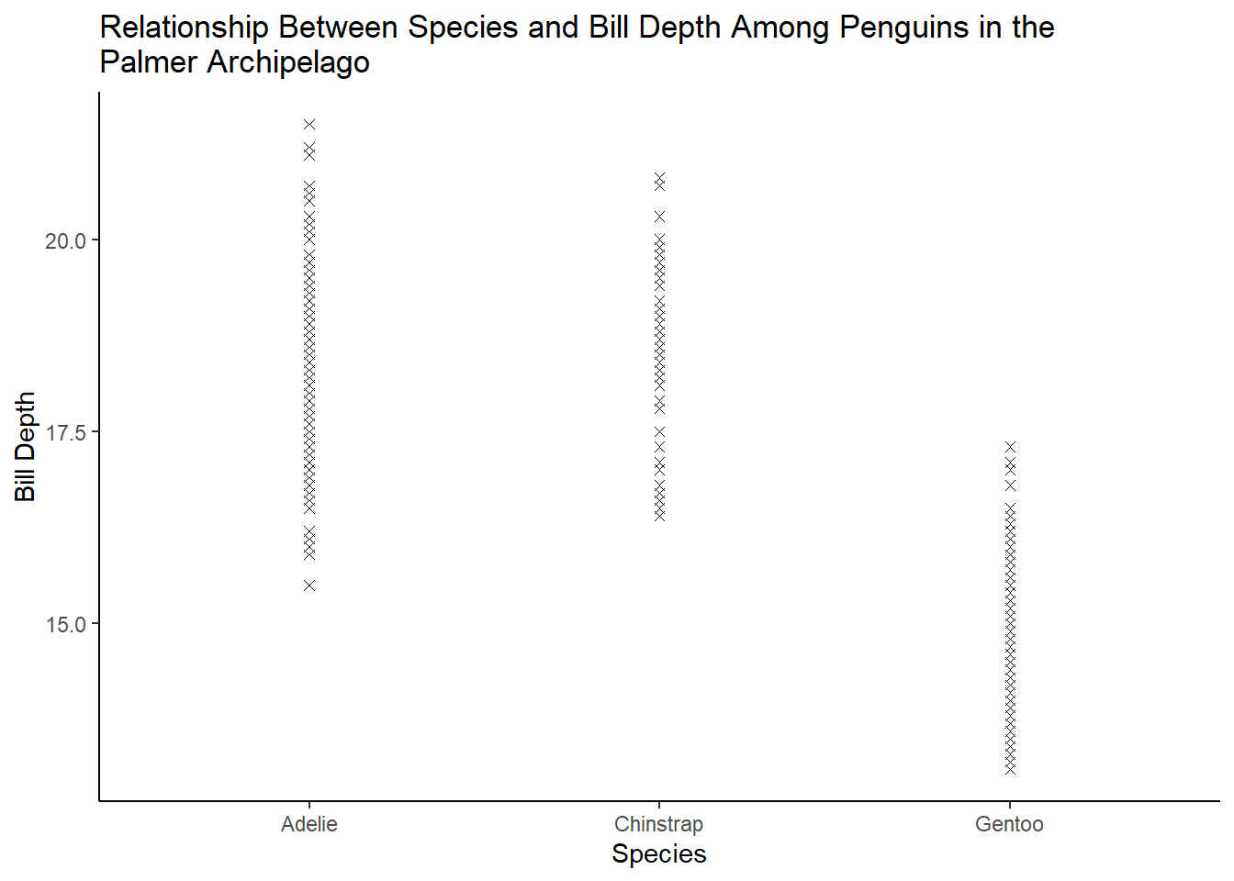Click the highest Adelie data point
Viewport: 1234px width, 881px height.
coord(309,125)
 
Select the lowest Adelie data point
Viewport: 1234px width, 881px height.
coord(309,585)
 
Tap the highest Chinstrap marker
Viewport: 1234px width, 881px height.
coord(659,177)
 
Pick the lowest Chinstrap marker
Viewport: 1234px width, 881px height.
coord(659,516)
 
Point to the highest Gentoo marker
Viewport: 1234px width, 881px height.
coord(1010,447)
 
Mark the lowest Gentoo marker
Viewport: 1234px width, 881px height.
coord(1010,769)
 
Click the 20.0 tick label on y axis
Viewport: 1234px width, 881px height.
coord(65,241)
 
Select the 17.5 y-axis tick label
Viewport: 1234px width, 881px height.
coord(65,433)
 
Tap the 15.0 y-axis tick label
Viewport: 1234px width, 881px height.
coord(65,625)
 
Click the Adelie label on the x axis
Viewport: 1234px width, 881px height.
coord(309,824)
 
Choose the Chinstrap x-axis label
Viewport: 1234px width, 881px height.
coord(659,824)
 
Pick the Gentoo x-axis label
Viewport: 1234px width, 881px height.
coord(1010,824)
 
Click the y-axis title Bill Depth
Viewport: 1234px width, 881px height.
coord(25,447)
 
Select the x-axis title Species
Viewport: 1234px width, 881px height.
coord(659,854)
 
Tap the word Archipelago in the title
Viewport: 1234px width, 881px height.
coord(288,62)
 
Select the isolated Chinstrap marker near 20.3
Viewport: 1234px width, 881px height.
coord(659,217)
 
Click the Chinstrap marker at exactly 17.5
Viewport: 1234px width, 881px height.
coord(659,431)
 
